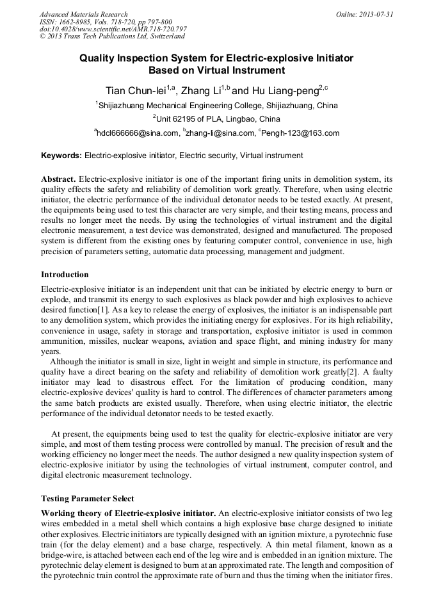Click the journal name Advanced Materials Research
[84, 14]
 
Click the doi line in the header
[113, 29]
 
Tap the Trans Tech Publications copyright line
[112, 36]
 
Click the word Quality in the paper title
[99, 58]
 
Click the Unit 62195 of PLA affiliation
[218, 119]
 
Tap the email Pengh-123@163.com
[300, 133]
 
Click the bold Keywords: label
[61, 156]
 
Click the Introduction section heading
[65, 275]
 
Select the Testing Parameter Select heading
[88, 498]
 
